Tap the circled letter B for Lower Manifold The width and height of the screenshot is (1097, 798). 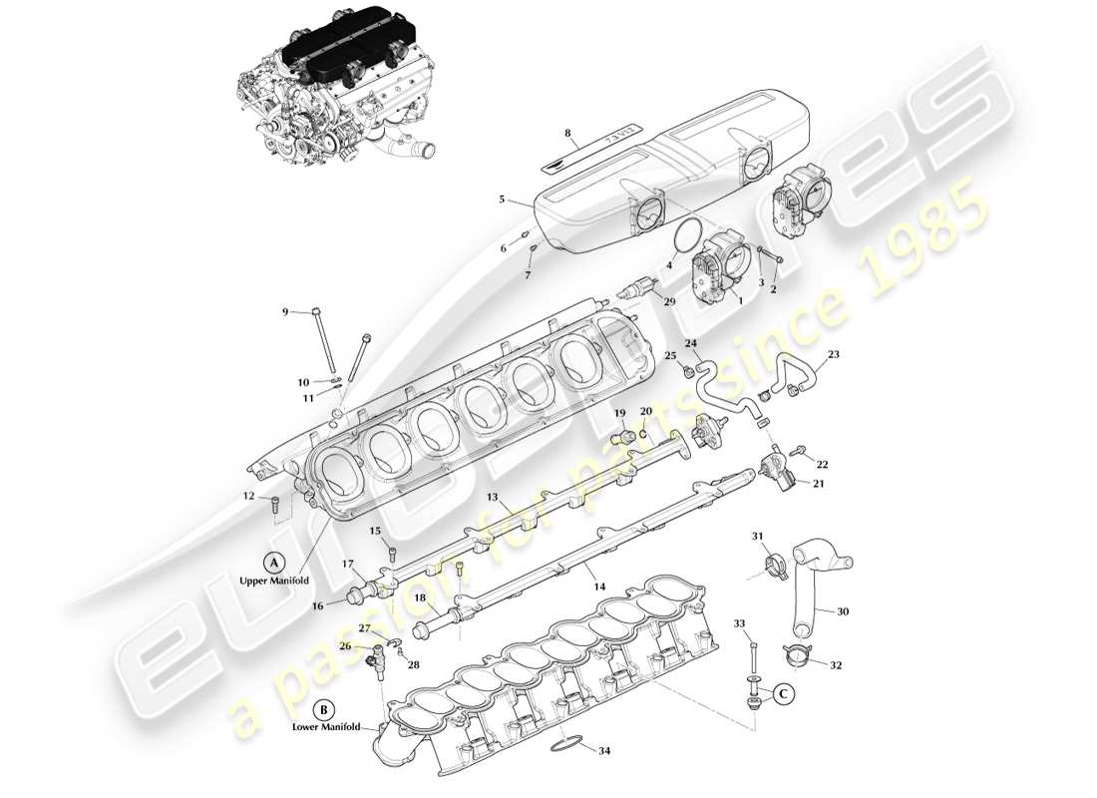(x=324, y=710)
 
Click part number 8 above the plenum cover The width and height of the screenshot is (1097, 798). (x=566, y=132)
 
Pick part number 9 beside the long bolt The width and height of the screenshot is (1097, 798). (x=285, y=312)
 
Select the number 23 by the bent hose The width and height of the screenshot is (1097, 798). (x=834, y=353)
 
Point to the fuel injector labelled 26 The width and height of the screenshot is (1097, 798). (x=378, y=658)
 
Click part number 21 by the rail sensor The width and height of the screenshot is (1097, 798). (x=819, y=484)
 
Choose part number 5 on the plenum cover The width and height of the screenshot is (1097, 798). (x=502, y=199)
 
